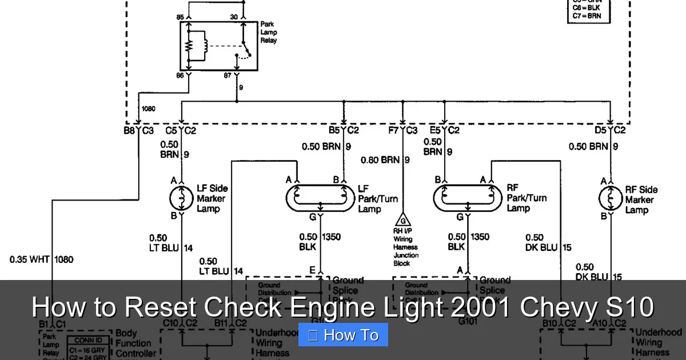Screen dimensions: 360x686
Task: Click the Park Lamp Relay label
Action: pos(269,33)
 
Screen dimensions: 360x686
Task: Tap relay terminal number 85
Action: pos(181,17)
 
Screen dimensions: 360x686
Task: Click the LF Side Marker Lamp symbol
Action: pos(181,198)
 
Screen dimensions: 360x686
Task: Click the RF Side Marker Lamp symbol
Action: pos(610,198)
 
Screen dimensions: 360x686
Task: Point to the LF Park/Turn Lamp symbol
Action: pos(320,198)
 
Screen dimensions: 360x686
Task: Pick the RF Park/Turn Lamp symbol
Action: pos(468,198)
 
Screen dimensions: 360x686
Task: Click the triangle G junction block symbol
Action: pos(403,220)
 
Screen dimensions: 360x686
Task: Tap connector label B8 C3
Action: pos(139,130)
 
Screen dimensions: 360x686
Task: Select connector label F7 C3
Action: pos(403,130)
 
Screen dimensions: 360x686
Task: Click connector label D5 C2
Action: pos(610,130)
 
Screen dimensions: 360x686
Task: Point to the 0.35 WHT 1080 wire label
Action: pos(41,259)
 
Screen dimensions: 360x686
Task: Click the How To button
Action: pos(343,335)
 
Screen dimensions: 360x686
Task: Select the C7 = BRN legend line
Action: pos(587,17)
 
